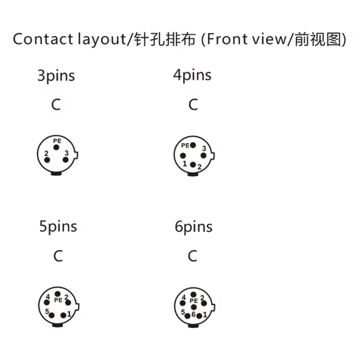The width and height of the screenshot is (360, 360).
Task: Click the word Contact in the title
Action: click(x=43, y=39)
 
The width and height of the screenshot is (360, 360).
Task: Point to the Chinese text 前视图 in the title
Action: click(x=318, y=39)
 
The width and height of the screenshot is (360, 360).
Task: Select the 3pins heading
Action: click(x=56, y=76)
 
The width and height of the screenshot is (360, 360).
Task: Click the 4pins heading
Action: click(x=192, y=75)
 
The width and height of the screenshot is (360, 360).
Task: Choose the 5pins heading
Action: click(x=58, y=227)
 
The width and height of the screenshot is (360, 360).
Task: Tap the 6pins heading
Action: click(x=193, y=227)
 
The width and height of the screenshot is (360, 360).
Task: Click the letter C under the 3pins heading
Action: click(x=56, y=104)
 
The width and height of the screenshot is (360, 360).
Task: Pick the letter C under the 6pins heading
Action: click(x=192, y=256)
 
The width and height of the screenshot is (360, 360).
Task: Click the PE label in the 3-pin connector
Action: click(x=57, y=141)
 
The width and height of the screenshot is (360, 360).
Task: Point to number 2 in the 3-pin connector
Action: click(x=46, y=153)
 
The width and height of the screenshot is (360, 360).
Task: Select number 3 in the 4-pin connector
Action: click(x=204, y=149)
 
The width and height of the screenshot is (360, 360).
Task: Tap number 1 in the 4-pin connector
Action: click(x=185, y=164)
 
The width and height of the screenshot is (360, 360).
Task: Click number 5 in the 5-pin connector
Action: click(x=47, y=312)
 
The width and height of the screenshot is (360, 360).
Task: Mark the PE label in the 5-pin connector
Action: click(x=58, y=300)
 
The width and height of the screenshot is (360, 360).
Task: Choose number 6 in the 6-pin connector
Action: click(x=193, y=314)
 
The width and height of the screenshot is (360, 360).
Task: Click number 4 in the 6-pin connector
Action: click(x=184, y=298)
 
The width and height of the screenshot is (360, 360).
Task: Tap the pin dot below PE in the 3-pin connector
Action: click(x=56, y=148)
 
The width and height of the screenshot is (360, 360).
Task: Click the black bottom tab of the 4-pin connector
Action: click(x=193, y=174)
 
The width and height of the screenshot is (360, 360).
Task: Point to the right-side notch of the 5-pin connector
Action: click(x=78, y=307)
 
